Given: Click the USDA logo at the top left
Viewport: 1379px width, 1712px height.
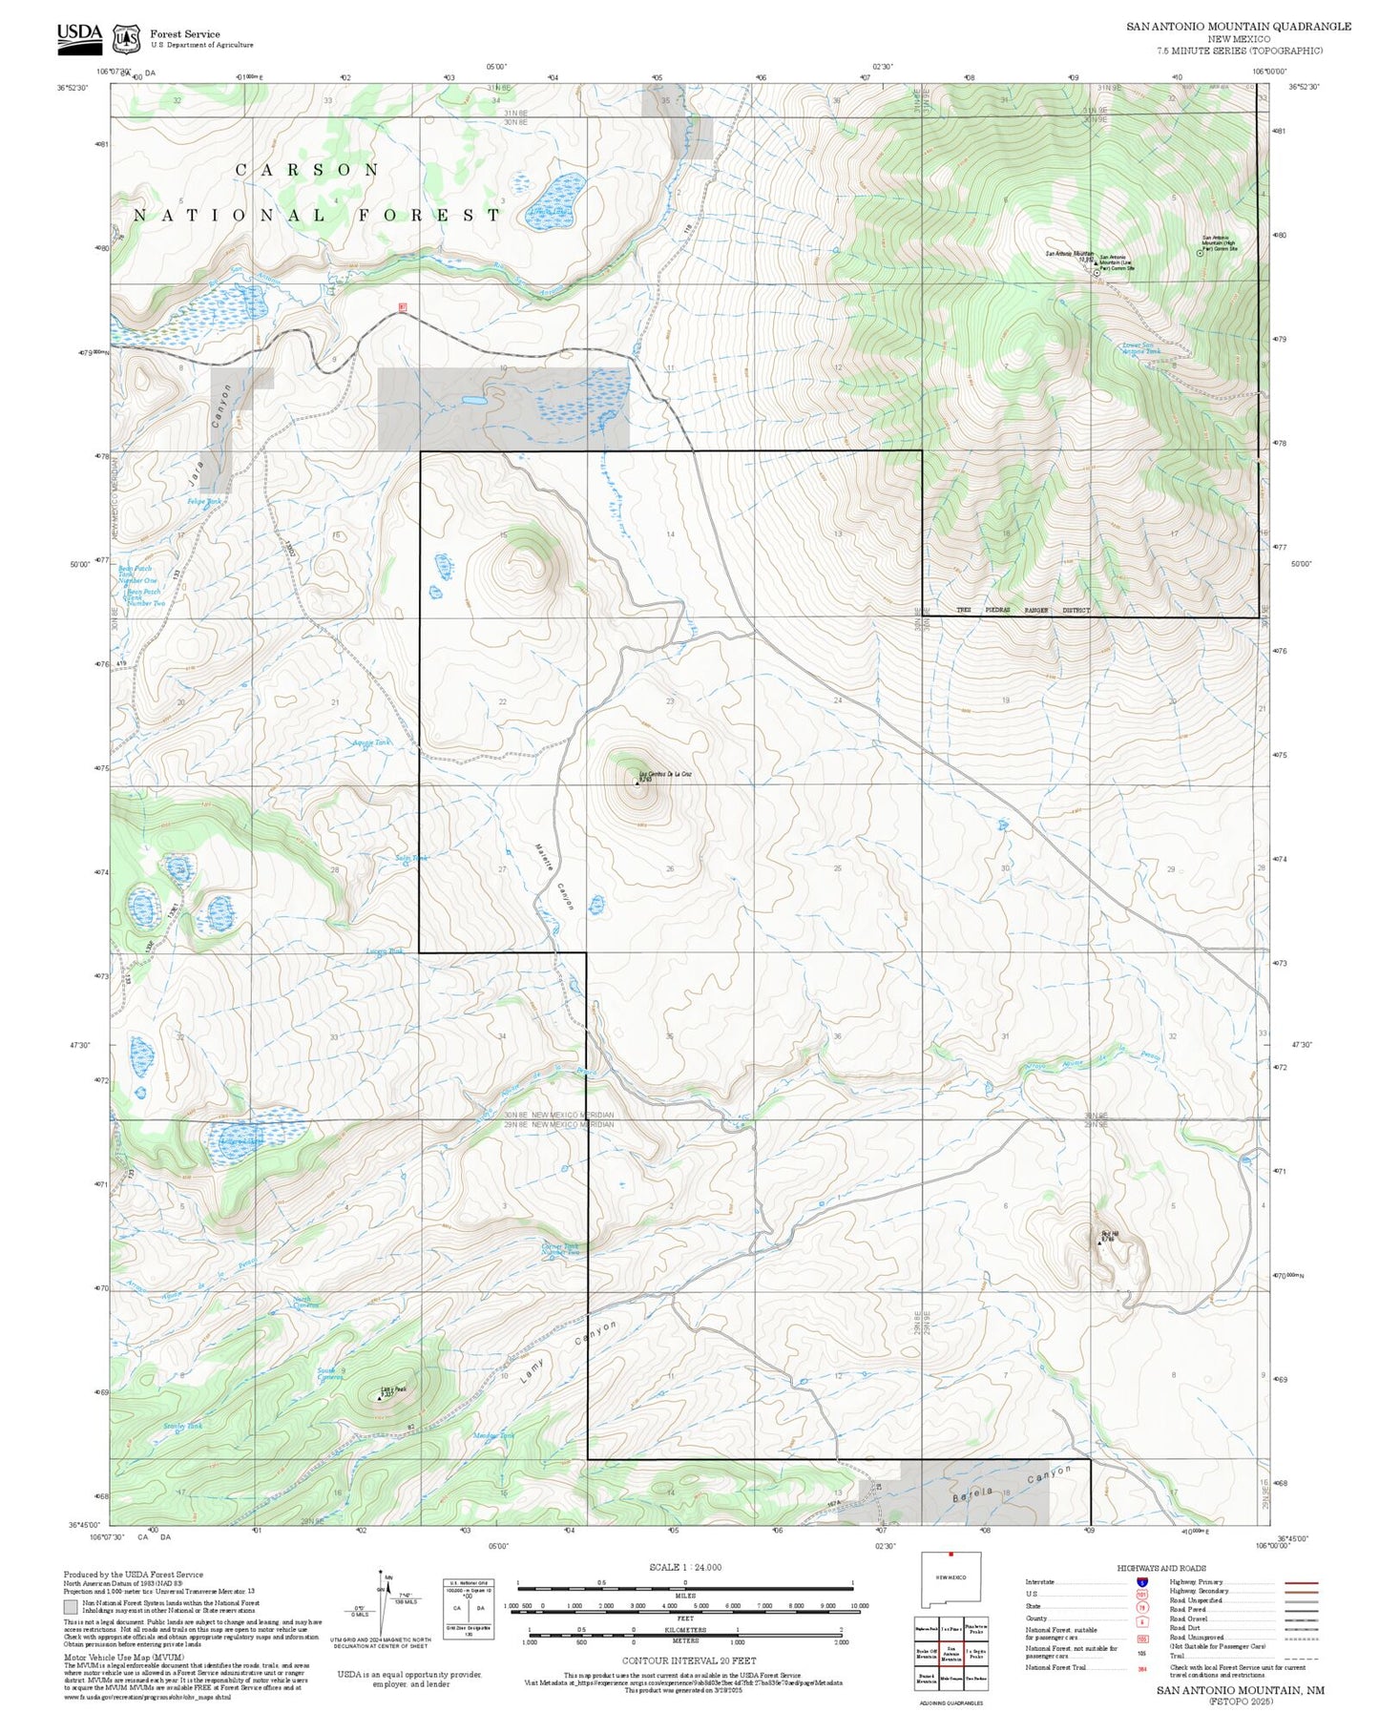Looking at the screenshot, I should [x=79, y=35].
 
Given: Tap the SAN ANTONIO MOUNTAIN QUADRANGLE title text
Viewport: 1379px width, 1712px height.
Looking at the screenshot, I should [x=1238, y=26].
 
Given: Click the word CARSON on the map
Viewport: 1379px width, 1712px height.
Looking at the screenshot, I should [x=307, y=170].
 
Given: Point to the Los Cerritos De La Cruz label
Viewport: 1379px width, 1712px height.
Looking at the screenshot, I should [x=664, y=773].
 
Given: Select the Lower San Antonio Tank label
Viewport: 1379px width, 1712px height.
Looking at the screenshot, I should [x=1141, y=348].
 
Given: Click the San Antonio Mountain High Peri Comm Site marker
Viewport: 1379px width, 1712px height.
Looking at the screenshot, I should [x=1200, y=253].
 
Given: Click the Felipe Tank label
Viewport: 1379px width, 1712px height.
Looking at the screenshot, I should [x=203, y=501].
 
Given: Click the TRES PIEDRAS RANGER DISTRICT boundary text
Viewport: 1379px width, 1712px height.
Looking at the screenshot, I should [x=1022, y=610].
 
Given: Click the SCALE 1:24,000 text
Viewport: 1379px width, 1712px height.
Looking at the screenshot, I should [x=684, y=1567].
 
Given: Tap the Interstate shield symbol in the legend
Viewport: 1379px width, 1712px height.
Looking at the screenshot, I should [x=1141, y=1582].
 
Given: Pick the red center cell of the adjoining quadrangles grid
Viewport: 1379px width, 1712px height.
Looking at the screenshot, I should [x=951, y=1656].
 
